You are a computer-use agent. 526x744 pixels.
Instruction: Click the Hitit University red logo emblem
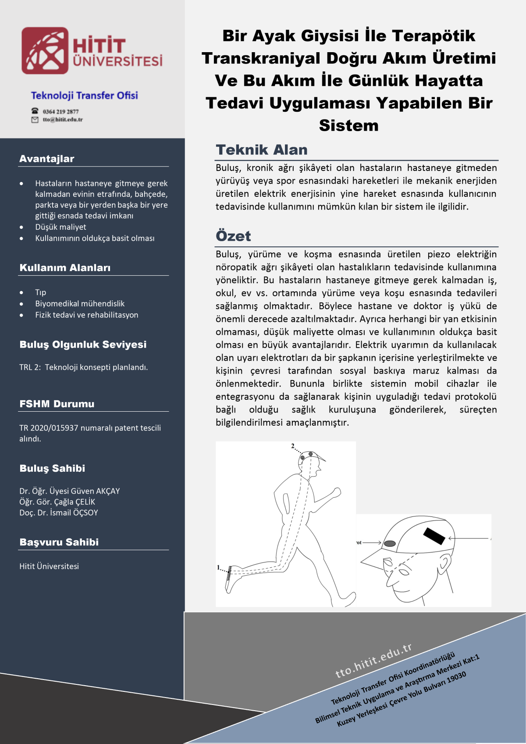tap(45, 50)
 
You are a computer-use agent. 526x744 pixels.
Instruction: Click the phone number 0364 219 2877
tap(60, 111)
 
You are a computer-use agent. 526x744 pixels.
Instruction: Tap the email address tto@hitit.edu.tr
tap(62, 120)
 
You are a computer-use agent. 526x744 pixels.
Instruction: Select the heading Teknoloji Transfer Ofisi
tap(84, 96)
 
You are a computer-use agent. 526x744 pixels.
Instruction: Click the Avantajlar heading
tap(47, 159)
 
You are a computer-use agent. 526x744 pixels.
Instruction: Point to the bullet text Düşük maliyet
tap(60, 227)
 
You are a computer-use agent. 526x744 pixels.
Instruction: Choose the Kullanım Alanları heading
tap(65, 268)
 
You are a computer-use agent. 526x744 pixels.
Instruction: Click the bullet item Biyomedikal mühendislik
tap(80, 303)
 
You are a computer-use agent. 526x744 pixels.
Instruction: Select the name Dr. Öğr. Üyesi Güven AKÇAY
tap(69, 491)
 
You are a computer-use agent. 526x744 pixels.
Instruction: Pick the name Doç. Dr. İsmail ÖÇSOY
tap(58, 513)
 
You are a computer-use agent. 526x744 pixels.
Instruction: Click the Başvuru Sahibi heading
tap(59, 542)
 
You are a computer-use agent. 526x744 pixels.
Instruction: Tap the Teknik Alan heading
tap(262, 150)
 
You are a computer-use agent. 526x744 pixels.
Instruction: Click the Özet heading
tap(233, 236)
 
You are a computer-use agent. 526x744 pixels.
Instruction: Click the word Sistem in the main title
tap(348, 126)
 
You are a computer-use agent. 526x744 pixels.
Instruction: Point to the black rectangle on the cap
tap(434, 536)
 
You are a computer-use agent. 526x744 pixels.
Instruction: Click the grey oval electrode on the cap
tap(390, 544)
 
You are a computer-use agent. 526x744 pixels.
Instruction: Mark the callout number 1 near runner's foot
tap(219, 567)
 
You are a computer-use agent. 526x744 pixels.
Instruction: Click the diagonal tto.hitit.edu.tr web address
tap(373, 660)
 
